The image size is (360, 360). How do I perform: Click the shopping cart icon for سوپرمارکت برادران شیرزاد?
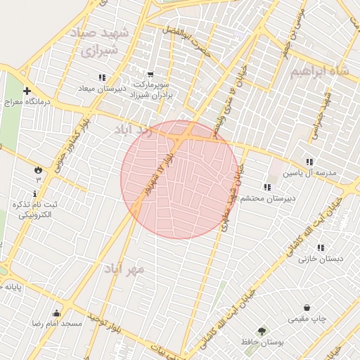coord(150,74)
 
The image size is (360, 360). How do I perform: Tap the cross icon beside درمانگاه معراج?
coord(27,91)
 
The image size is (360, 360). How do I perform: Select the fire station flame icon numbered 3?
coord(37,170)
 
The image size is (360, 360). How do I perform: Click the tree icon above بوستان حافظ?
coord(262,330)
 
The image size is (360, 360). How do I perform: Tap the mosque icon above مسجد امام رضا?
coord(56,314)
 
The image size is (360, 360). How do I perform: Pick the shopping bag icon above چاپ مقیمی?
coord(307,307)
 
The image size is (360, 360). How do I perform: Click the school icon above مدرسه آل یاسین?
coord(310,162)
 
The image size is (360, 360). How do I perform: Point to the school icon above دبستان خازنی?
coord(321,247)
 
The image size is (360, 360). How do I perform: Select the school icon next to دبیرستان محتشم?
coord(266,187)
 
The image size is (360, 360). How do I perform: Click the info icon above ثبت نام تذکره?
coord(35,193)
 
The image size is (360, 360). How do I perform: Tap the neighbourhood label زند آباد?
coord(133,131)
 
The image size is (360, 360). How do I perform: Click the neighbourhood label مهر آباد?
coord(124,269)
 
